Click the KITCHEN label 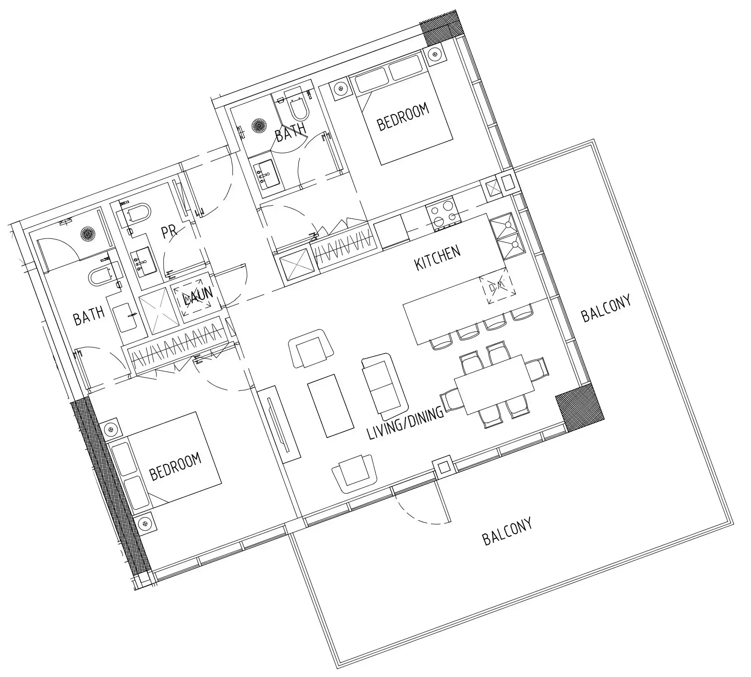(x=437, y=258)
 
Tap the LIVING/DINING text (x=406, y=424)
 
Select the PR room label (x=169, y=231)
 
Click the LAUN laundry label (x=198, y=297)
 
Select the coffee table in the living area (x=331, y=406)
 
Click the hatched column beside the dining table (x=579, y=408)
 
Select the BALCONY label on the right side (x=606, y=309)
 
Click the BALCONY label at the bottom (x=507, y=532)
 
